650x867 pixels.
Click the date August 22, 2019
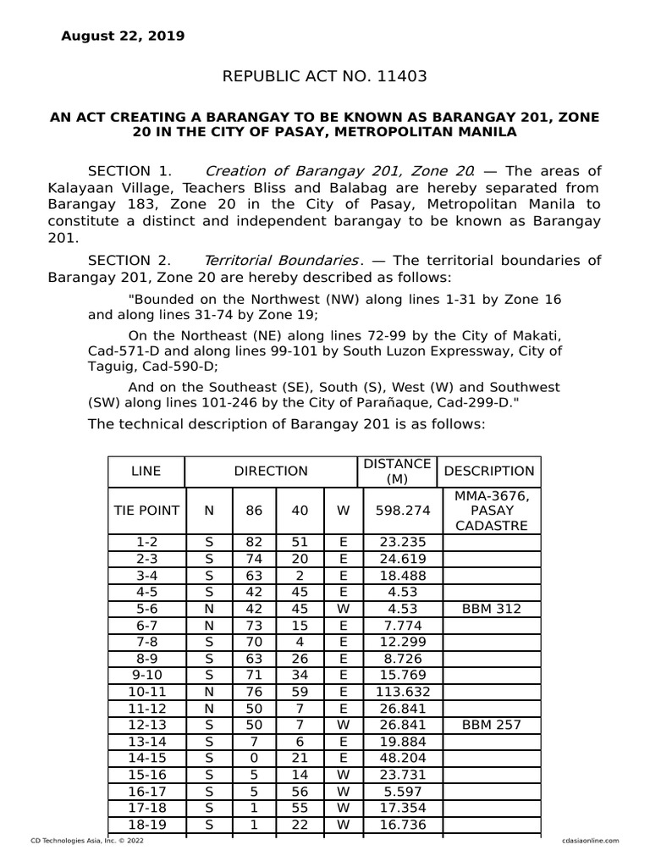123,36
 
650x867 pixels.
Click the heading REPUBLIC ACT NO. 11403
324,77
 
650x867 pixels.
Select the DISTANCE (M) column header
397,471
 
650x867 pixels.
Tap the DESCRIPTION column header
489,471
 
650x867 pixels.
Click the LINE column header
146,471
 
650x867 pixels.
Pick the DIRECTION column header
271,471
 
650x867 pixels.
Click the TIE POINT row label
146,511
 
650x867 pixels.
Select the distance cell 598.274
397,511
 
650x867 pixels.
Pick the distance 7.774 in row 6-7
397,627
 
